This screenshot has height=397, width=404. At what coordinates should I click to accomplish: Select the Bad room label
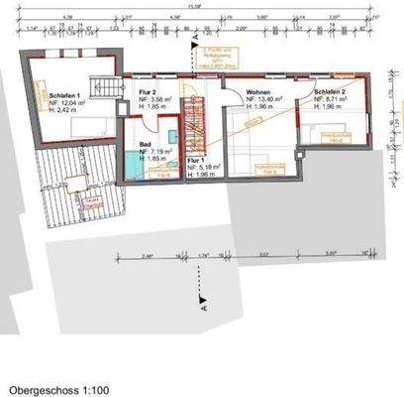pyautogui.click(x=131, y=144)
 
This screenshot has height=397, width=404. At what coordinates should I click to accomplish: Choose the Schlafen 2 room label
pyautogui.click(x=330, y=91)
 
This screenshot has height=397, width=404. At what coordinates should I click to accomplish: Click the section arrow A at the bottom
pyautogui.click(x=202, y=298)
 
